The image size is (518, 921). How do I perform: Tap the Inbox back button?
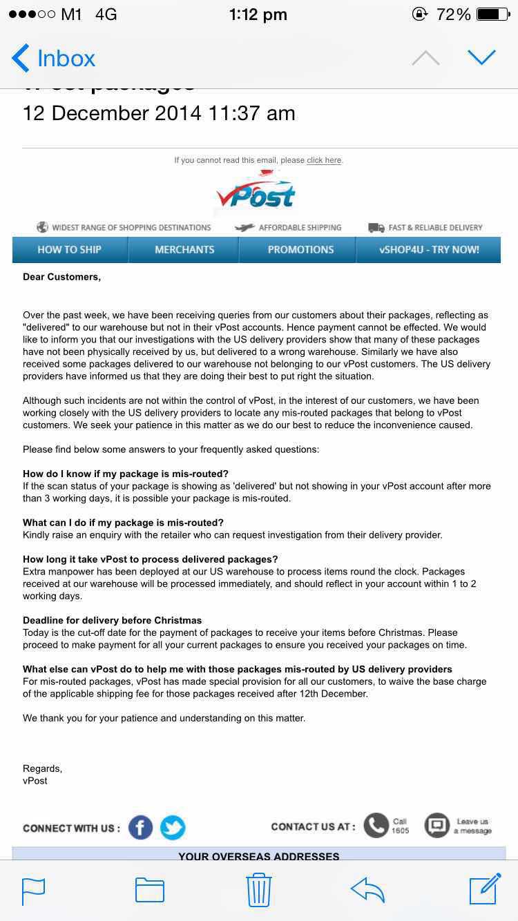(54, 59)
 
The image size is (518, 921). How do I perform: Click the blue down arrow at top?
(481, 57)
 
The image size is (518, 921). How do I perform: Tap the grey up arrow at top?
(425, 58)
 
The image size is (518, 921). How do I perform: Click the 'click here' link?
(324, 160)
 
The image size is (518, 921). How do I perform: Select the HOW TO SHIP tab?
(70, 250)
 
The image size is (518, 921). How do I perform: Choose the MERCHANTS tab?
(184, 250)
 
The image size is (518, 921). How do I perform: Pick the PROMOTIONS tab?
(300, 250)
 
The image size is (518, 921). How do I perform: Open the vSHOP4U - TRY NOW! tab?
(429, 250)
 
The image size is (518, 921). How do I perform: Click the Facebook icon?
(140, 827)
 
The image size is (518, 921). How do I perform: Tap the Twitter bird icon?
(173, 827)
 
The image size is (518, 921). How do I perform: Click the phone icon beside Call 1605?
(376, 825)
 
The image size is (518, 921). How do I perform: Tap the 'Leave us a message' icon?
(437, 825)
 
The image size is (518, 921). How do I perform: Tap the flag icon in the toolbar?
(34, 890)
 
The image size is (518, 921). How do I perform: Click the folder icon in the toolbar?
(150, 890)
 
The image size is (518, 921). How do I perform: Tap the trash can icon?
(259, 890)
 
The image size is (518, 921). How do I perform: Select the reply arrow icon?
(367, 890)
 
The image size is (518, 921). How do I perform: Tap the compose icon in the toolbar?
(485, 889)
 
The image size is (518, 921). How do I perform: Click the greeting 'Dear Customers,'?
(62, 277)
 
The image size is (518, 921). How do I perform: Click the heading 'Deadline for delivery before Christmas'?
(113, 620)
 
